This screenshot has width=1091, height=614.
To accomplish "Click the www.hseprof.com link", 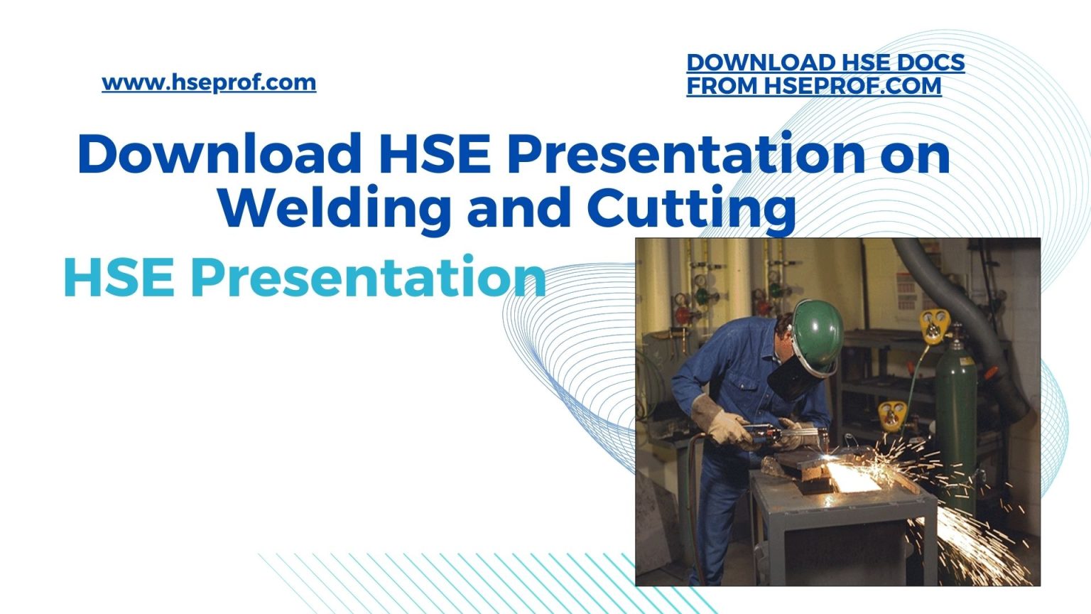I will [x=209, y=82].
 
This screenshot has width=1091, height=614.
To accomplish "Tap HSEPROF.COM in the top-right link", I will [x=852, y=86].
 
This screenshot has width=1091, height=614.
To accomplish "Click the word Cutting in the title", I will [x=690, y=207].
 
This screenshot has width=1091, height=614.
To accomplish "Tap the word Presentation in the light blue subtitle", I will [x=368, y=277].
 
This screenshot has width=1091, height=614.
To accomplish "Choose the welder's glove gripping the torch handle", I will [x=717, y=422].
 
